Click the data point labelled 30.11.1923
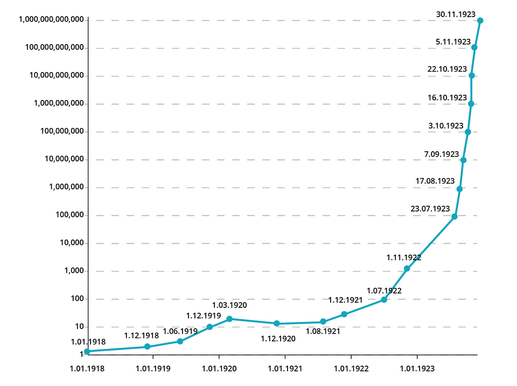click(480, 20)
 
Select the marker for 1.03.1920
click(229, 319)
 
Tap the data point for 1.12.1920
click(277, 324)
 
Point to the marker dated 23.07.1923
click(455, 216)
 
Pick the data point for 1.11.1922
click(407, 269)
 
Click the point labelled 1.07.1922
click(384, 299)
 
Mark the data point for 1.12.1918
click(147, 347)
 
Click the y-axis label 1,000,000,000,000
click(51, 20)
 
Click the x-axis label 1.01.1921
click(285, 369)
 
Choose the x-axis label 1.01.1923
click(417, 369)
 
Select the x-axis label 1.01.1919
click(153, 369)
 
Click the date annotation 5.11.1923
click(453, 41)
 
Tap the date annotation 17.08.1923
click(435, 181)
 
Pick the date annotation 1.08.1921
click(323, 332)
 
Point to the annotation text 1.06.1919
click(180, 331)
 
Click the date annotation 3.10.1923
click(446, 125)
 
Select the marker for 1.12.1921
click(344, 314)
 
